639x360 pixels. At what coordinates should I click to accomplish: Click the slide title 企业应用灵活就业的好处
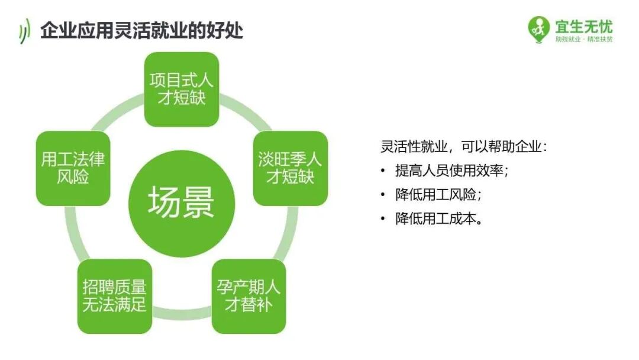click(141, 30)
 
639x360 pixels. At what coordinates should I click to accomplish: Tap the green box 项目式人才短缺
click(182, 89)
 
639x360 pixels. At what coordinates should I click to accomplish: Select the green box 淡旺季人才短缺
click(290, 168)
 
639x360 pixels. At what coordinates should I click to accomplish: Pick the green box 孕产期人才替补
click(248, 297)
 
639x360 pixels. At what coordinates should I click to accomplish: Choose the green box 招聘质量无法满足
click(115, 297)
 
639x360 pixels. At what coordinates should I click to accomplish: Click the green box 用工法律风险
click(73, 168)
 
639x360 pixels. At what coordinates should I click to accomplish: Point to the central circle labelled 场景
click(182, 203)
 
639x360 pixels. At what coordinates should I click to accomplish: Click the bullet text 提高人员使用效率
click(452, 171)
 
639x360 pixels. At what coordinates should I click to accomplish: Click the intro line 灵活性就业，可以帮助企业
click(464, 146)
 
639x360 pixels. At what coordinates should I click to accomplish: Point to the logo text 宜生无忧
click(583, 26)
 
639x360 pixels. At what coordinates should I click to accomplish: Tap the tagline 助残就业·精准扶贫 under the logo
click(583, 39)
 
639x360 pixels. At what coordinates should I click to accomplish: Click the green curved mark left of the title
click(24, 31)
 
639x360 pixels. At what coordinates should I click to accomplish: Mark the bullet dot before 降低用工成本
click(383, 219)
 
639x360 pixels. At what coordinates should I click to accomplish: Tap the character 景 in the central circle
click(198, 203)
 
